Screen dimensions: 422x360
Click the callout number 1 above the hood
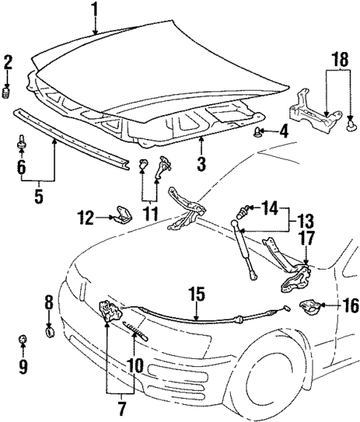pos(94,10)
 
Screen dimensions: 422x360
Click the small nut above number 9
pos(22,340)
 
